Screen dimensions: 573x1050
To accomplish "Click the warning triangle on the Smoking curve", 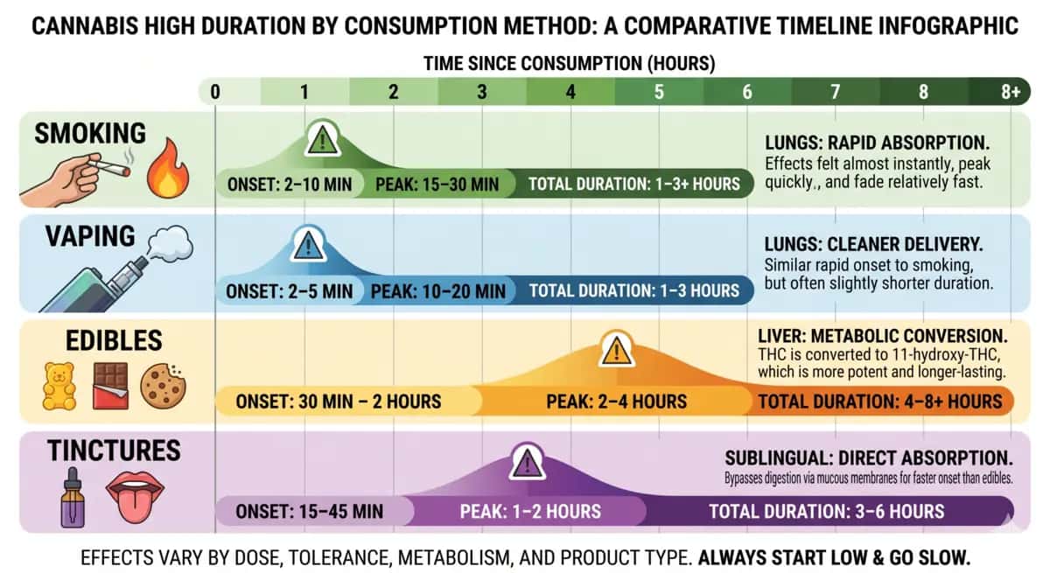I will pos(323,138).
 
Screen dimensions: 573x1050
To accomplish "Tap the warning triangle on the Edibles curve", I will pos(618,352).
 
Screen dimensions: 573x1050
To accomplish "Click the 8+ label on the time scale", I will pos(1010,92).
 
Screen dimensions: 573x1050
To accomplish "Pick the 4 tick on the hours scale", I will pos(570,92).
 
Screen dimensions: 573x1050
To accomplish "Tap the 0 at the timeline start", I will pos(215,92).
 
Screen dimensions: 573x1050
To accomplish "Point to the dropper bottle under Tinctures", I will pos(73,497).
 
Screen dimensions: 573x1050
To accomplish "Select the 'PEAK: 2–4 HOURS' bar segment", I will pos(616,402).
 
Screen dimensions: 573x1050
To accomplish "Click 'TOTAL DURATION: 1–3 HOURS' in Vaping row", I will pos(633,290).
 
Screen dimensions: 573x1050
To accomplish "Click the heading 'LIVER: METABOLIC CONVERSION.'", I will pos(882,336).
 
